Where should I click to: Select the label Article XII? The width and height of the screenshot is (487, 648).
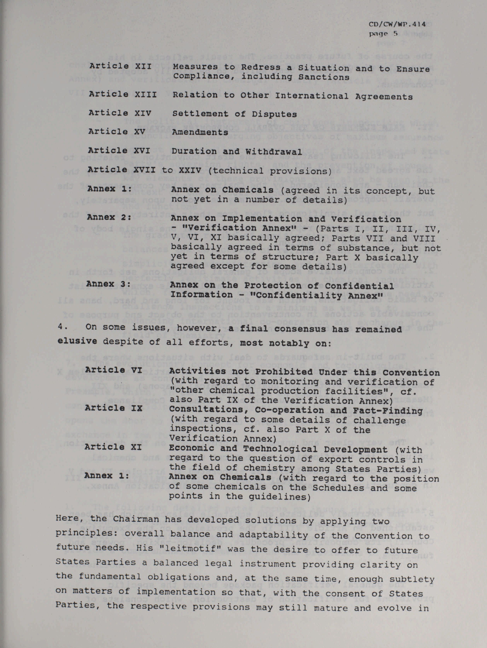[x=120, y=66]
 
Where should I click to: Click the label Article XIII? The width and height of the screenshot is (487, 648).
[x=123, y=94]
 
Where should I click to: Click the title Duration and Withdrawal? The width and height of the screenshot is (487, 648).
[x=237, y=151]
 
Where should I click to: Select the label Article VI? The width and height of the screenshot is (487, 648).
[x=113, y=370]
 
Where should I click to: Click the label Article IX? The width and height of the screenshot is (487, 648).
[x=113, y=408]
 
